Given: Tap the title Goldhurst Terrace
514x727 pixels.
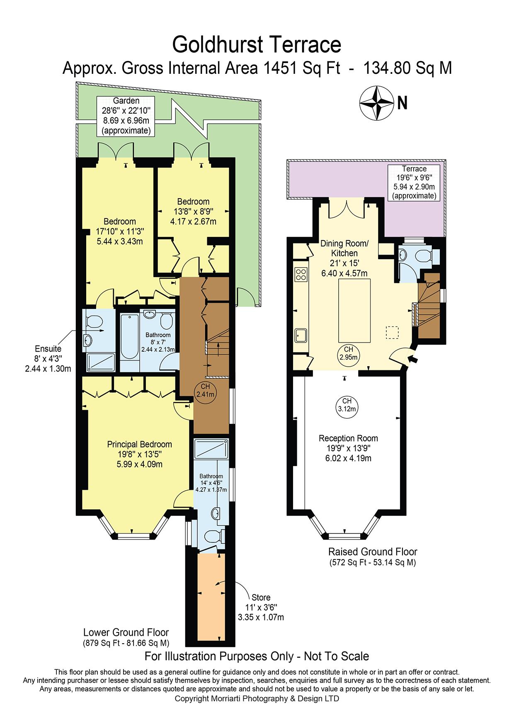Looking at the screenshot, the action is click(257, 44).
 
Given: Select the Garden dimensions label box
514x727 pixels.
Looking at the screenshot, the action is click(126, 116).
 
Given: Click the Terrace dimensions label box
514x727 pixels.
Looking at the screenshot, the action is click(414, 182).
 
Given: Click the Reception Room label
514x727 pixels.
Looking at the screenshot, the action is click(348, 448).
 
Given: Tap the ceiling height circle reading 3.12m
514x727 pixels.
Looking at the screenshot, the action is click(347, 405).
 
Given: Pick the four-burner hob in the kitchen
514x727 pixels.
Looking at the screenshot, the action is click(301, 273).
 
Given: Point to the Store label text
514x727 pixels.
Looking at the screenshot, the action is click(261, 598).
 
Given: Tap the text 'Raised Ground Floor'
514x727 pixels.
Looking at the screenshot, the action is click(373, 552).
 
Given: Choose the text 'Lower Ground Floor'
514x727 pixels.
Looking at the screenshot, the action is click(126, 632).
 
